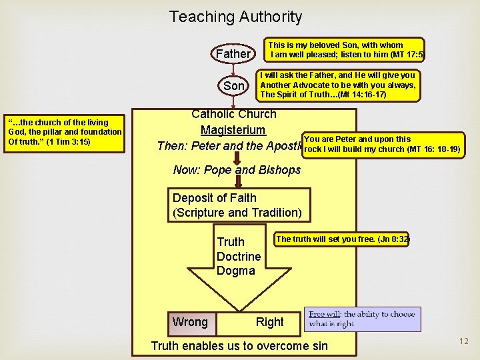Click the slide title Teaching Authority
[235, 17]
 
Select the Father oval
[233, 53]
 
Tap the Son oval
[234, 86]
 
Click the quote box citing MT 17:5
[345, 51]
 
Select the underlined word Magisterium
[233, 130]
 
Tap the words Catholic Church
[233, 114]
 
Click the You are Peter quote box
[381, 144]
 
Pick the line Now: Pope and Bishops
[237, 170]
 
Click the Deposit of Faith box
[238, 205]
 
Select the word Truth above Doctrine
[231, 242]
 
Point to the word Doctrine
[239, 257]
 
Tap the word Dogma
[235, 271]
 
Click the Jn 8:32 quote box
[343, 239]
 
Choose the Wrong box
[190, 322]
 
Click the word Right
[269, 322]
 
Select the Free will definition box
[362, 319]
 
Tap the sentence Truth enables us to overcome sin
[239, 345]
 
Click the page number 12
[464, 341]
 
